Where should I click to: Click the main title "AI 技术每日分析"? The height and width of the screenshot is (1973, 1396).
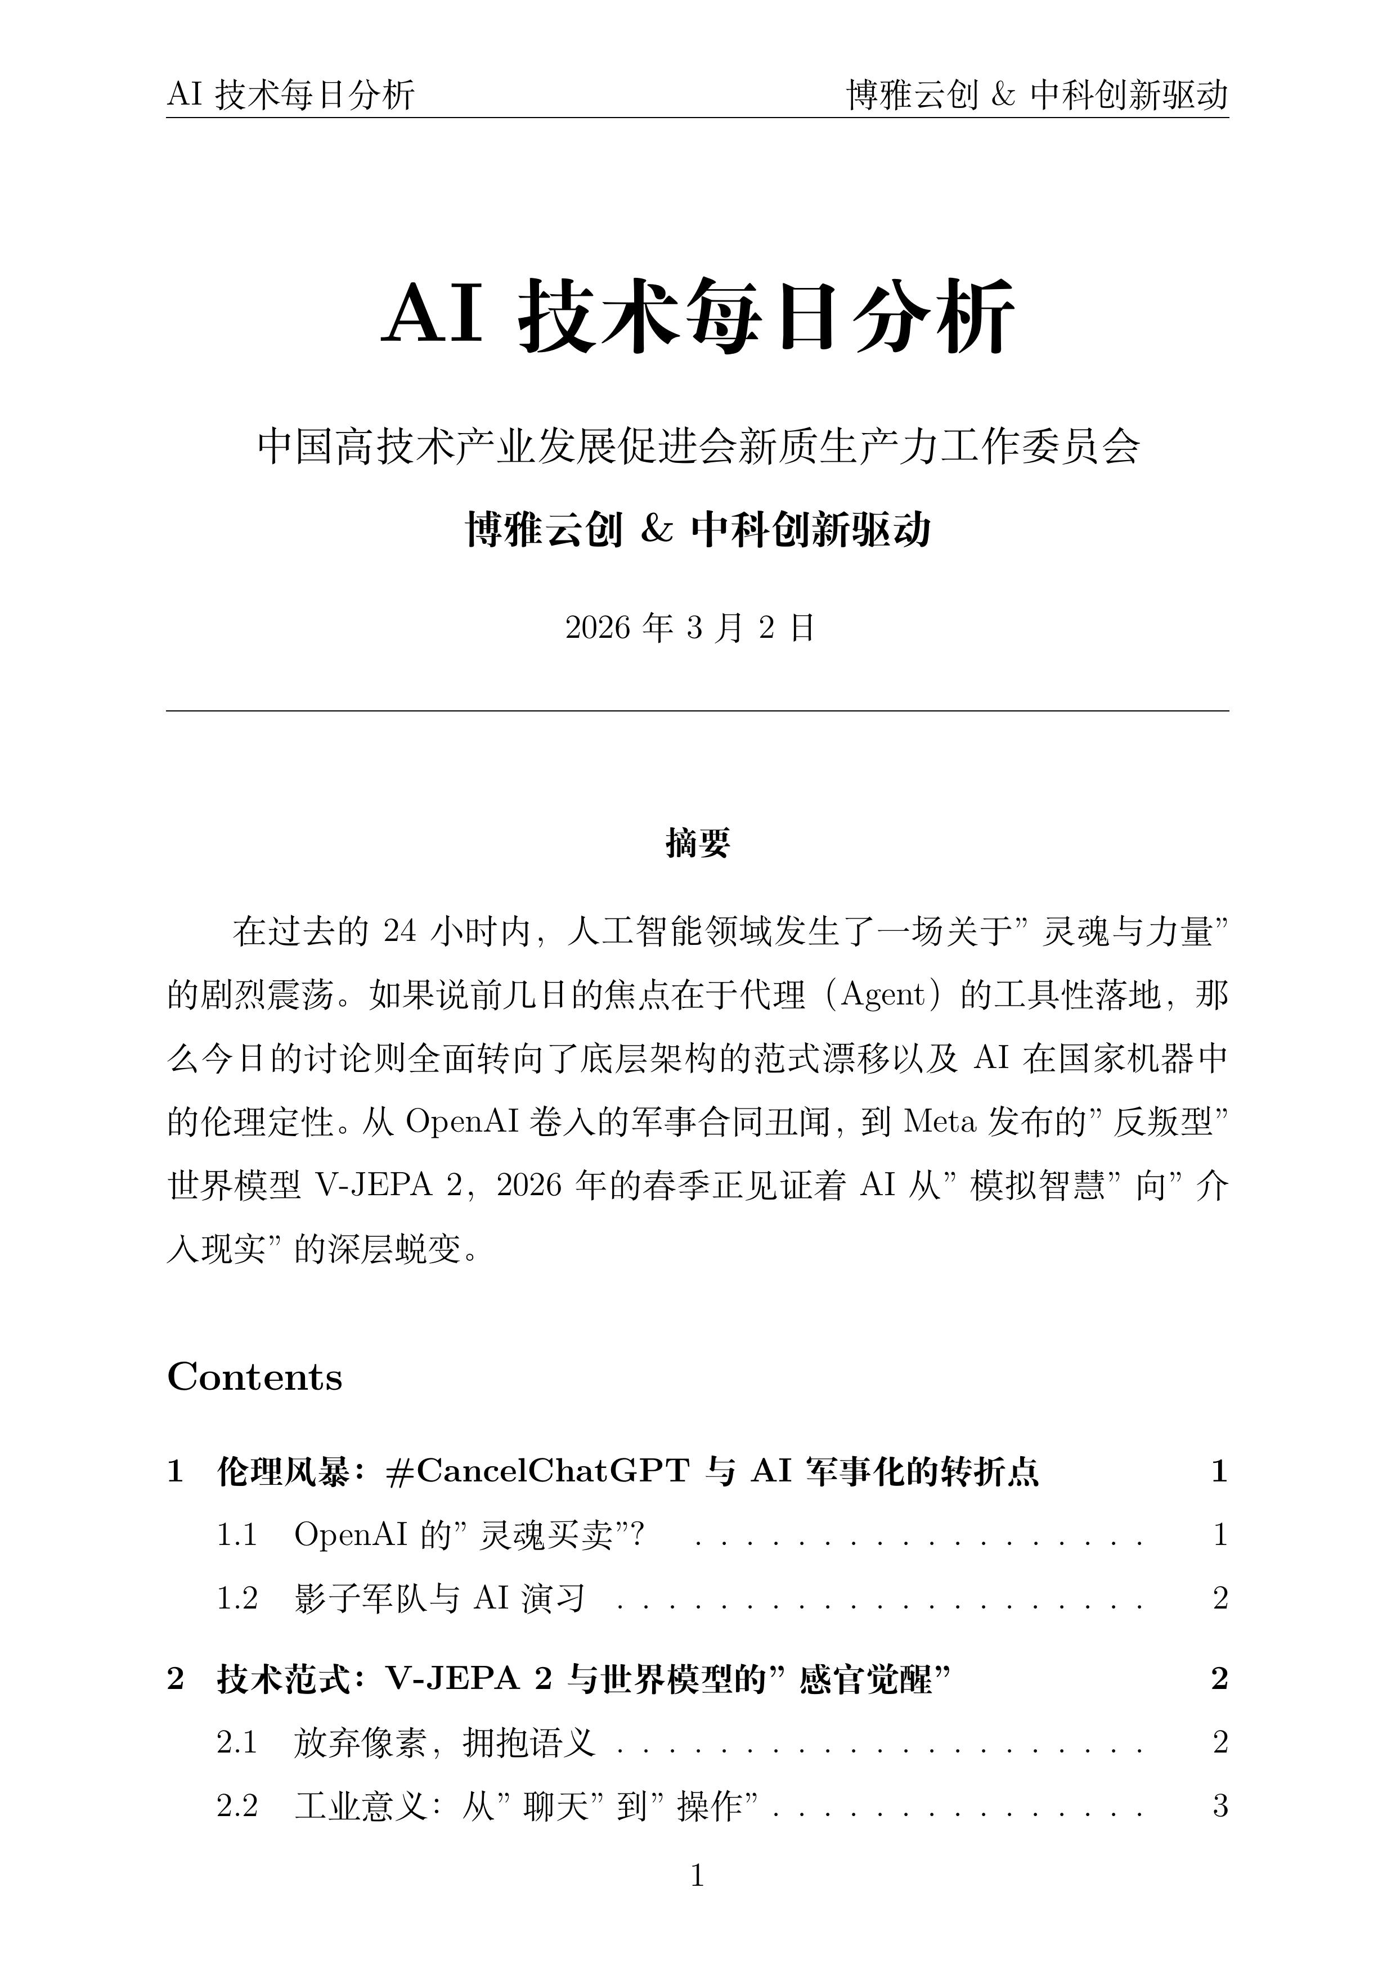[x=697, y=316]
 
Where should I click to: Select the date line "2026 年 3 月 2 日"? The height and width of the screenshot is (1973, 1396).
[x=689, y=628]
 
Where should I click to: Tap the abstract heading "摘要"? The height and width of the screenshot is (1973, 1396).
[x=697, y=843]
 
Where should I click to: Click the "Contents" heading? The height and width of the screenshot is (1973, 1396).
[x=254, y=1377]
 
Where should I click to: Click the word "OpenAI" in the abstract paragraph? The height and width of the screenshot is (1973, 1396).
[x=461, y=1121]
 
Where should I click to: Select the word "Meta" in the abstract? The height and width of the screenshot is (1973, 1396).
[x=940, y=1121]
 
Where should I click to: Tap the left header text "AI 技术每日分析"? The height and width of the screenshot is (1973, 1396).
[x=290, y=94]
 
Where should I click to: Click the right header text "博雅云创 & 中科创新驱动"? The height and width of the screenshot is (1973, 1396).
[x=1036, y=94]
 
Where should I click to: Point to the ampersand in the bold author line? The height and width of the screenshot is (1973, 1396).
[x=657, y=529]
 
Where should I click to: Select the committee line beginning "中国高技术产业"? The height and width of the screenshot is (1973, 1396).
[x=697, y=447]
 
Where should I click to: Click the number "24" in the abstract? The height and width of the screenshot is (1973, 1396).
[x=400, y=931]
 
